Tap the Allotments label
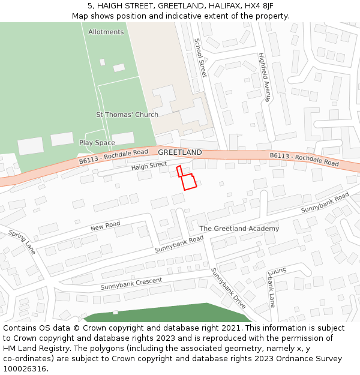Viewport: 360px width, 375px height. (x=106, y=32)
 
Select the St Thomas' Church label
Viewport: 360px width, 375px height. (x=127, y=115)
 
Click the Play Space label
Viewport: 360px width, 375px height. (x=97, y=143)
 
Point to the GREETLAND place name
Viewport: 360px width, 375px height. (x=180, y=152)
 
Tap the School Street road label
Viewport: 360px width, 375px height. (x=200, y=58)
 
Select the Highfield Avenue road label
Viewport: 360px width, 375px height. (x=265, y=77)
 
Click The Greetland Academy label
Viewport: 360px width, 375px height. (x=239, y=229)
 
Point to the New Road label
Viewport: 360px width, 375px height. (x=106, y=226)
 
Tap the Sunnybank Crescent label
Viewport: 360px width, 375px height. (x=131, y=284)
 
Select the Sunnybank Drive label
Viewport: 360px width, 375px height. (x=228, y=288)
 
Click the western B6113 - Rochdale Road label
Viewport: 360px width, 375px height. (x=113, y=157)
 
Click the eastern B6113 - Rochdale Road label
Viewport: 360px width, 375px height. (x=304, y=159)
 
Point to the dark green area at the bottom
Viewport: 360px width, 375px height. (x=162, y=313)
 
